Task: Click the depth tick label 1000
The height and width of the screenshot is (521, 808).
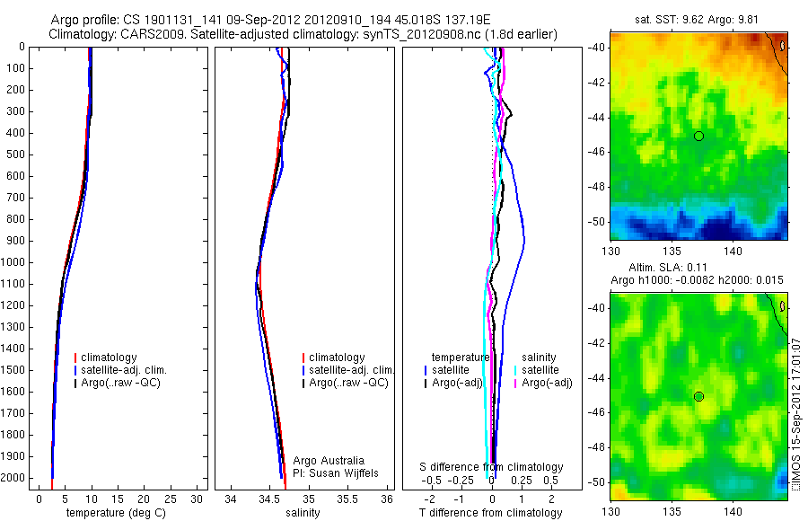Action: [x=14, y=262]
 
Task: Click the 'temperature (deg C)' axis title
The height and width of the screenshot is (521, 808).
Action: [x=115, y=513]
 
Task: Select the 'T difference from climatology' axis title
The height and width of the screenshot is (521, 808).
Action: [x=492, y=513]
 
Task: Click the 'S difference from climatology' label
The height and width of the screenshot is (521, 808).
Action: [x=492, y=467]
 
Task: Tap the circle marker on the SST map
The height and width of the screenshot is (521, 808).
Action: [x=698, y=136]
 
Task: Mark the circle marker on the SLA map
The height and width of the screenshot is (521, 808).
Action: [x=698, y=396]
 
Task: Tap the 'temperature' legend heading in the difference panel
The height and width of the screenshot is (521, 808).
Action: [x=461, y=358]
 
